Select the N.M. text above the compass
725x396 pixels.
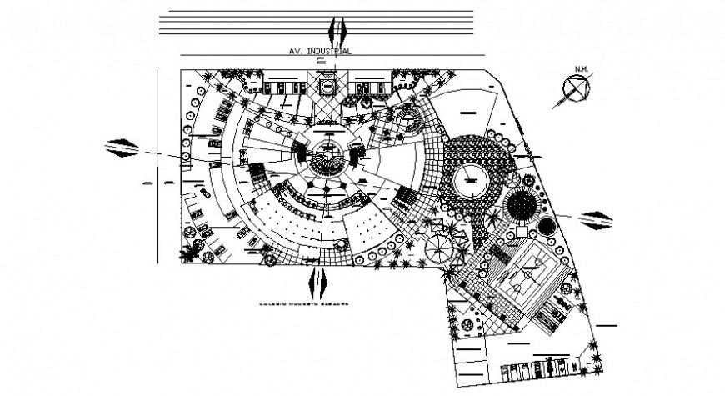(x=578, y=68)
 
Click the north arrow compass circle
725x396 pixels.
(x=575, y=88)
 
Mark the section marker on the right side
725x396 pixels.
(x=597, y=218)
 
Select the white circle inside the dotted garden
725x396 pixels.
(x=472, y=179)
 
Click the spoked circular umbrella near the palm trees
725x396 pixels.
(x=438, y=246)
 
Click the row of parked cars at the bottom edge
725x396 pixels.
(x=533, y=368)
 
